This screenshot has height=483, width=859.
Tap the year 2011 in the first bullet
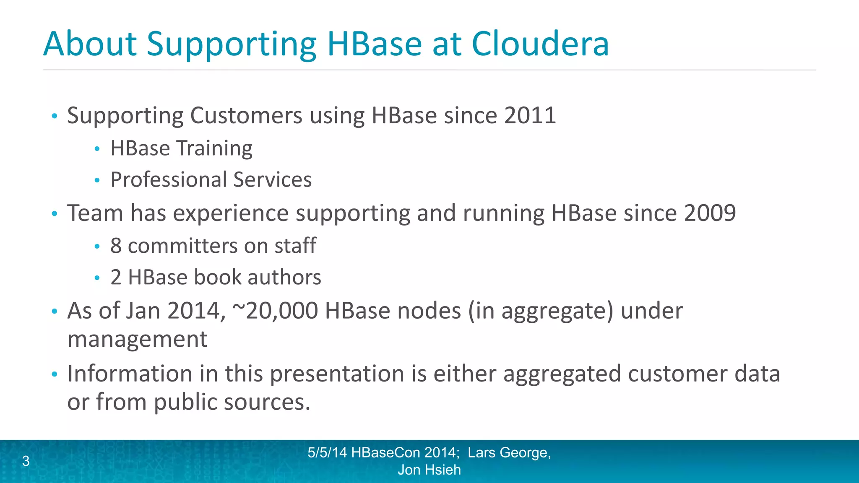(530, 115)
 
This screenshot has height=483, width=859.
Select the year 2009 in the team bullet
(710, 213)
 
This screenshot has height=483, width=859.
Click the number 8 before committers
(116, 246)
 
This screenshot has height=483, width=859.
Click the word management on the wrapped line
(137, 339)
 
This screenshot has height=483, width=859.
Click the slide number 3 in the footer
(26, 461)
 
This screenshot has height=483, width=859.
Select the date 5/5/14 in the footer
(327, 452)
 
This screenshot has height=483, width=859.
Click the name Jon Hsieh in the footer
(429, 470)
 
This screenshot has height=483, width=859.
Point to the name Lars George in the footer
(509, 452)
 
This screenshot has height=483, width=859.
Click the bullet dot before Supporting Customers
(54, 116)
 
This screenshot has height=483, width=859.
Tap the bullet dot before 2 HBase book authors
(97, 278)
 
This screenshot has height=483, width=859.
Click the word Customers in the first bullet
(246, 115)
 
